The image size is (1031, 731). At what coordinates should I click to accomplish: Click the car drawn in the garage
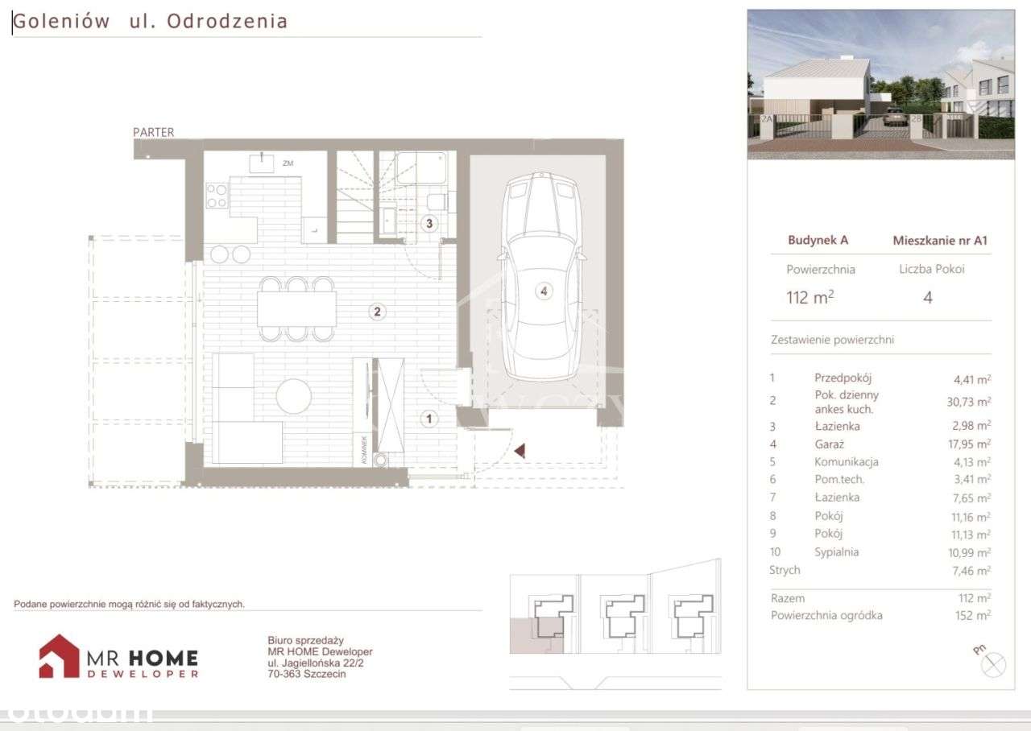coord(540,278)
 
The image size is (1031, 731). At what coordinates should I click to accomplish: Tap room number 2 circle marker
coord(376,312)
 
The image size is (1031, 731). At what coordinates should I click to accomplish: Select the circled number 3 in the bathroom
coord(430,224)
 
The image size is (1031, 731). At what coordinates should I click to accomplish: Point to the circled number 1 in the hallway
coord(430,419)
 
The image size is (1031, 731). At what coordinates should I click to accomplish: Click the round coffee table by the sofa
coord(293,396)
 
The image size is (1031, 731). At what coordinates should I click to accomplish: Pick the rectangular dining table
coord(296,308)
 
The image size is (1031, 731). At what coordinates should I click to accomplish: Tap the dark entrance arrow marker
coord(520,451)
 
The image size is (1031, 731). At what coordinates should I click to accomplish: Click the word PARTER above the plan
coord(154,132)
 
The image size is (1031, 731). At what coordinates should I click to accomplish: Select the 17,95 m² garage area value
coord(971,444)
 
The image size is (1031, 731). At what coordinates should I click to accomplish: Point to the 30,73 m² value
coord(971,401)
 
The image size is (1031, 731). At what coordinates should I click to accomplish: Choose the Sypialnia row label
coord(836,552)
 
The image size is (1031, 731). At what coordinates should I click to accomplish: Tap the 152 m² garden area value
coord(975,616)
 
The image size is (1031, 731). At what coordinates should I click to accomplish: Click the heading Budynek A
coord(818,240)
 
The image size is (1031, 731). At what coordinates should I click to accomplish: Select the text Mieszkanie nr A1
coord(940,240)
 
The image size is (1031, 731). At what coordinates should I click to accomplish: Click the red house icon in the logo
coord(59,655)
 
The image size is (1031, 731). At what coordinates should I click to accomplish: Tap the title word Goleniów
coord(61,22)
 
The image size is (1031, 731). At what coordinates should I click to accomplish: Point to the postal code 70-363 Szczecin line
coord(306,674)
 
